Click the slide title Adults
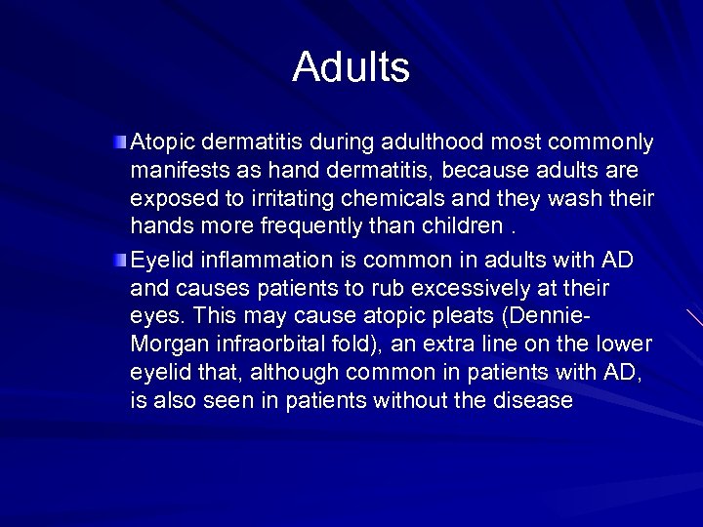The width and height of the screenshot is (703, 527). click(x=351, y=67)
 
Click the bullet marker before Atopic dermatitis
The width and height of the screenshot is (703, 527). click(x=119, y=144)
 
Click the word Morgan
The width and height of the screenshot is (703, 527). click(x=163, y=345)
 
